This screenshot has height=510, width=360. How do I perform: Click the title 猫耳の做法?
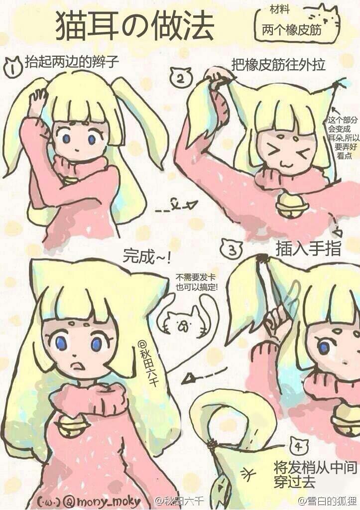134,26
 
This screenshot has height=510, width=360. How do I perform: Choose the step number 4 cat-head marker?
299,447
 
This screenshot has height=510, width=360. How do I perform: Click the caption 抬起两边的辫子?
72,62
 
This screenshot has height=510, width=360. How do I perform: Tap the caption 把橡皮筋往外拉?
278,64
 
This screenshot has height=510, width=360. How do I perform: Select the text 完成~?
147,257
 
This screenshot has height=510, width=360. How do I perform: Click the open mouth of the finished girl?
78,365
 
